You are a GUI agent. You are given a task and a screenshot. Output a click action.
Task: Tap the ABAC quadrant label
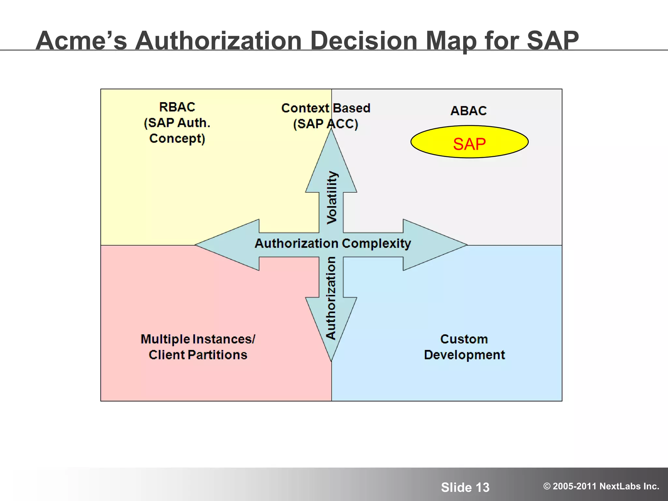point(468,111)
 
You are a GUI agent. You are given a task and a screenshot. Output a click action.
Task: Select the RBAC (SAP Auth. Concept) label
point(177,123)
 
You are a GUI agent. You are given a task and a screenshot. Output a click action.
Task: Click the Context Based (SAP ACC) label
point(326,116)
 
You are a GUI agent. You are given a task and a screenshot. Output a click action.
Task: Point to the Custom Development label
point(464,347)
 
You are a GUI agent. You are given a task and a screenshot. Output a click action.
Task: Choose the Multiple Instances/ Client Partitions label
point(198,347)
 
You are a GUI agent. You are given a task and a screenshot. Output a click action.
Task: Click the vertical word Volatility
point(332,197)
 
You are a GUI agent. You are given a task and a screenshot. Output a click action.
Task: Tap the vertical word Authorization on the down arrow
point(331,298)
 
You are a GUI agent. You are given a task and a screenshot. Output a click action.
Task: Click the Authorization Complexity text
point(333,243)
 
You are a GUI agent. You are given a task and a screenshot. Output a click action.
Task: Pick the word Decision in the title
point(364,40)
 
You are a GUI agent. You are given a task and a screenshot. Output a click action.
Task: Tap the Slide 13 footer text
point(465,487)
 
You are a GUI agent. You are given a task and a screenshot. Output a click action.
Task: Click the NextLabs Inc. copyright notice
point(601,486)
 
